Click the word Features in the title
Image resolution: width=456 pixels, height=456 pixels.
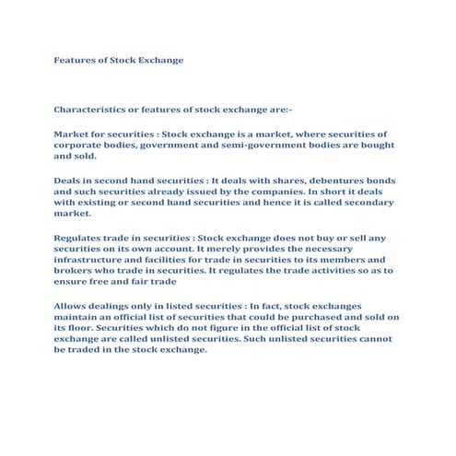tap(72, 60)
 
